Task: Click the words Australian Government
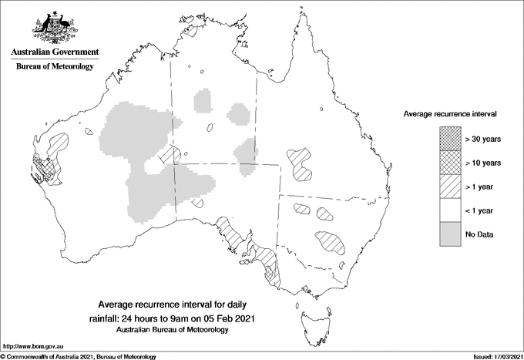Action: tap(55, 52)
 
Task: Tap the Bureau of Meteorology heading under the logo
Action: tap(55, 67)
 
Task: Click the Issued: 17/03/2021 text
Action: tap(492, 356)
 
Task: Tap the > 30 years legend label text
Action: tap(483, 139)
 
